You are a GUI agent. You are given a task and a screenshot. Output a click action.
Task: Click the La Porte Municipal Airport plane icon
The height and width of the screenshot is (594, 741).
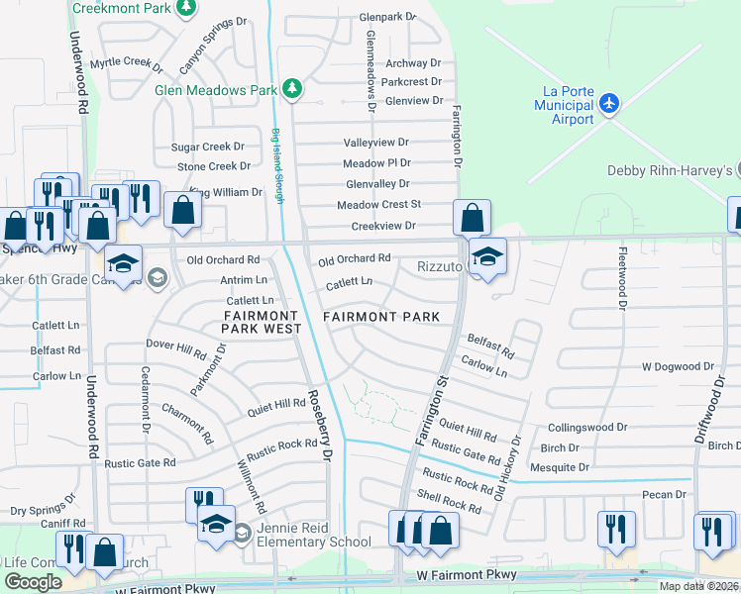pyautogui.click(x=608, y=104)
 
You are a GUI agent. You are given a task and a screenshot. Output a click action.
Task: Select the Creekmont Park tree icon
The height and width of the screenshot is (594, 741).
pyautogui.click(x=184, y=8)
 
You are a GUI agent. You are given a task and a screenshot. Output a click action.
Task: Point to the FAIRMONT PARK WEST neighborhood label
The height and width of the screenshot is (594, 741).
pyautogui.click(x=255, y=321)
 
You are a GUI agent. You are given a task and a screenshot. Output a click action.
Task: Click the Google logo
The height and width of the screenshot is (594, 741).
pyautogui.click(x=33, y=582)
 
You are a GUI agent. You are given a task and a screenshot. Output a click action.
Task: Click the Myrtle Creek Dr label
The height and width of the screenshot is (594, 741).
pyautogui.click(x=126, y=63)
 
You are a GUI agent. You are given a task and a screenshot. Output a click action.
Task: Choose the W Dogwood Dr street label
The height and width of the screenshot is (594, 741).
pyautogui.click(x=677, y=366)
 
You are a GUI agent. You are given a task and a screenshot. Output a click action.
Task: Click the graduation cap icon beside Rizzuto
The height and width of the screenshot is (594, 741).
pyautogui.click(x=487, y=256)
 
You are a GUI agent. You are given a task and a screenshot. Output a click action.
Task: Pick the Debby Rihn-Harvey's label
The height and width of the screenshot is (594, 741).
pyautogui.click(x=673, y=171)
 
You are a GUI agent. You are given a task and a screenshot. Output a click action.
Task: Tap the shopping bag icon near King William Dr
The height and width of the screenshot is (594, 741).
pyautogui.click(x=182, y=210)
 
